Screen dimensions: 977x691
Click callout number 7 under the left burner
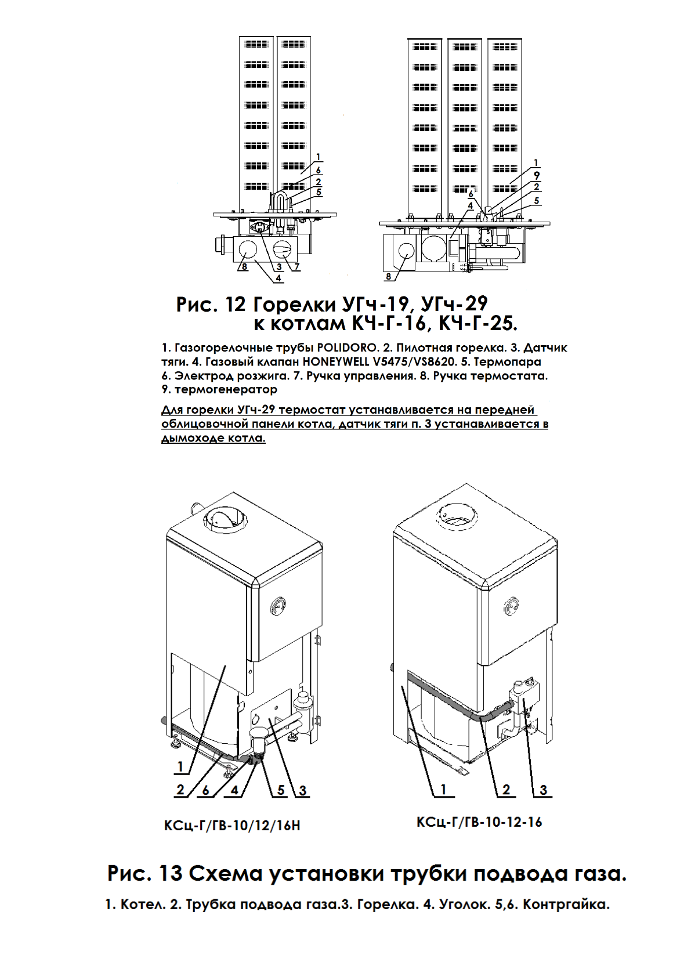[296, 267]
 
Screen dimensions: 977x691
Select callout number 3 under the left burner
[279, 267]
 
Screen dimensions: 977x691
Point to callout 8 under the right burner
[389, 277]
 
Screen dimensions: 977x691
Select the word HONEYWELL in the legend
[335, 362]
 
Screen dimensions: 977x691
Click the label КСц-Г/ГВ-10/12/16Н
[232, 825]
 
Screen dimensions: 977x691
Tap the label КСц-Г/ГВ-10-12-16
[479, 822]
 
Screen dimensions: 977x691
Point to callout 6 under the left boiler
[205, 790]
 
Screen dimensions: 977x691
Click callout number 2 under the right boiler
[506, 790]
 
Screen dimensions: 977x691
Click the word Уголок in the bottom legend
[461, 904]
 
